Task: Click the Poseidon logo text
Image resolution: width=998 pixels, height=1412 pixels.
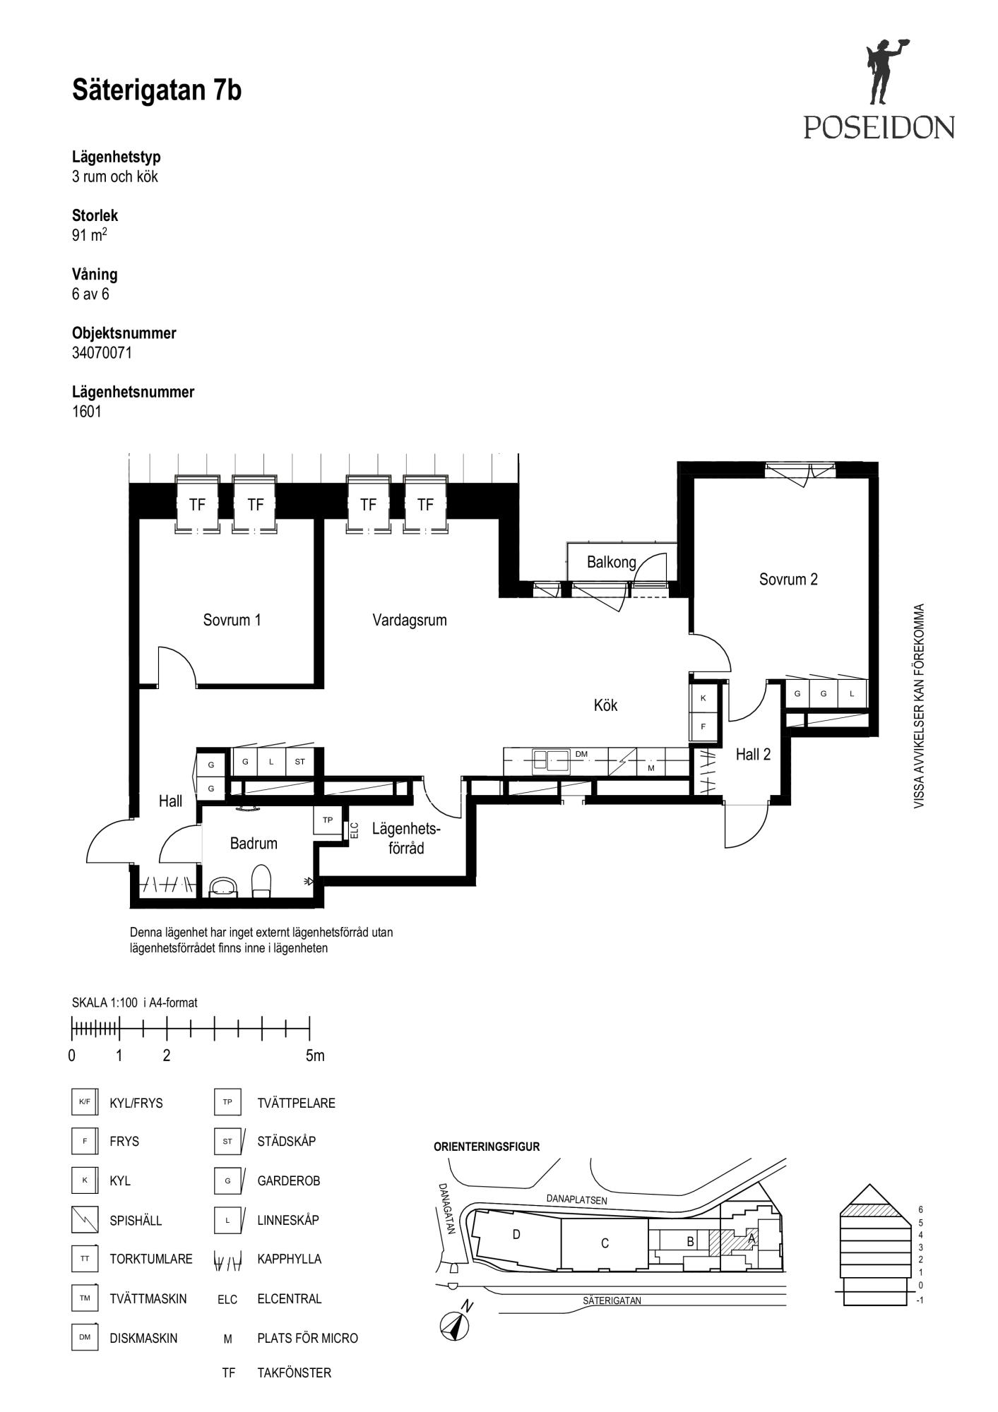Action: tap(879, 127)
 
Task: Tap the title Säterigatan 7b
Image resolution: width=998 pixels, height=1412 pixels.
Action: tap(157, 91)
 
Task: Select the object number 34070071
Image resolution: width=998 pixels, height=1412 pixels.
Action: tap(102, 352)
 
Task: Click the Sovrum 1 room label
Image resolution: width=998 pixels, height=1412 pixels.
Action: tap(232, 620)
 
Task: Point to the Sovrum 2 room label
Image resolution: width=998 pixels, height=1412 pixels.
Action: tap(788, 579)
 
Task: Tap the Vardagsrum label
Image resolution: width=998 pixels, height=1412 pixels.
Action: tap(410, 620)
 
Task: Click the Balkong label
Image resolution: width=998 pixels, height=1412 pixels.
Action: tap(612, 562)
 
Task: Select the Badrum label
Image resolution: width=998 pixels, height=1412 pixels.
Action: tap(254, 843)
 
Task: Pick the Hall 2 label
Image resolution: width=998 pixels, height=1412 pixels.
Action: tap(753, 754)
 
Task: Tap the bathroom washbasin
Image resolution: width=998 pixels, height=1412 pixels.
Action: tap(225, 887)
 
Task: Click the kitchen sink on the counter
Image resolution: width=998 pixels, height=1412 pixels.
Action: tap(551, 760)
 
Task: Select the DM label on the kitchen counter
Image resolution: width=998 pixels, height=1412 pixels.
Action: tap(581, 754)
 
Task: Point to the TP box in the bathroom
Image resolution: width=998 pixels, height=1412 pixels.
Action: tap(328, 820)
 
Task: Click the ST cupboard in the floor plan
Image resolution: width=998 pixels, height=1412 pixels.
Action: tap(299, 762)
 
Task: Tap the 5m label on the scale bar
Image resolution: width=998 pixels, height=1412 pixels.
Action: tap(315, 1055)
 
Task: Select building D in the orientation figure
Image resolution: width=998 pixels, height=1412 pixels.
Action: tap(517, 1234)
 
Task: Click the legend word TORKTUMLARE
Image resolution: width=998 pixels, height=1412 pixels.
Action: tap(151, 1259)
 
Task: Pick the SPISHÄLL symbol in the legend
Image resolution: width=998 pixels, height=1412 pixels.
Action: tap(84, 1219)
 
